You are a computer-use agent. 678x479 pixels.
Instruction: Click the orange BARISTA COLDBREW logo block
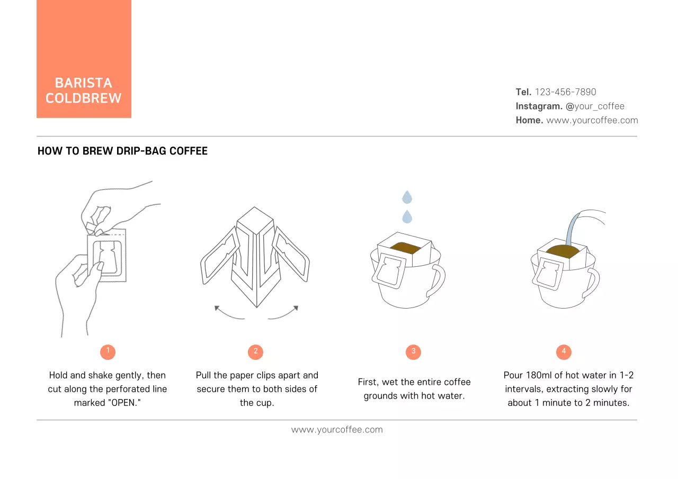[x=84, y=59]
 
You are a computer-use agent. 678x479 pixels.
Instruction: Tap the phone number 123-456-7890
[x=565, y=92]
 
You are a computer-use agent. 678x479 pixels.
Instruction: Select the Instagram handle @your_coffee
[x=595, y=106]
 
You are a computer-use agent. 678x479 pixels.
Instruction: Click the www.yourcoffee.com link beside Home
[x=592, y=120]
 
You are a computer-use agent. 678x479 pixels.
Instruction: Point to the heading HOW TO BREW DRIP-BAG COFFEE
[x=122, y=151]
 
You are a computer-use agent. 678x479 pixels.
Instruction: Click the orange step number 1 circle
[x=108, y=351]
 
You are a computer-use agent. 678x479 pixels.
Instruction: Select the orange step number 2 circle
[x=255, y=351]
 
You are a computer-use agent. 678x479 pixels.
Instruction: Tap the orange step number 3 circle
[x=413, y=351]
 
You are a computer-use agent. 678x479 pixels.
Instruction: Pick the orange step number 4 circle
[x=564, y=351]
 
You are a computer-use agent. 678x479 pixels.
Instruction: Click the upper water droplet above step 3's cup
[x=407, y=197]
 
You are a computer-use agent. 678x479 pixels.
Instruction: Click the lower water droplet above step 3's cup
[x=407, y=216]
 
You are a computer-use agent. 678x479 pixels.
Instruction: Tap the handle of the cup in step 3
[x=438, y=280]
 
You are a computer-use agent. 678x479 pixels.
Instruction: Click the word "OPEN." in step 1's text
[x=125, y=403]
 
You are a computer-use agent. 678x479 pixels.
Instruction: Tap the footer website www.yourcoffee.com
[x=337, y=430]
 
